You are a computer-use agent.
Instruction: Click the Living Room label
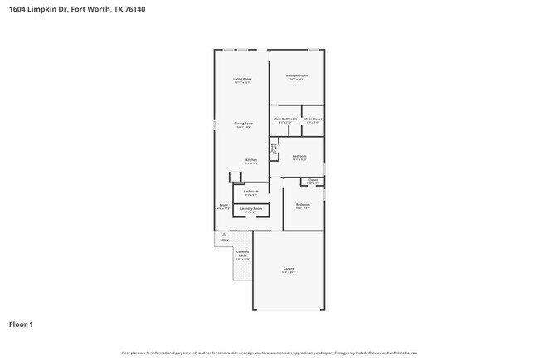pos(242,78)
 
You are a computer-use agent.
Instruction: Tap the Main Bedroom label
pos(296,76)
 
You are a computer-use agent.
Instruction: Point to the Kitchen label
pos(250,159)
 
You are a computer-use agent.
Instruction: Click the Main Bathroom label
pos(285,119)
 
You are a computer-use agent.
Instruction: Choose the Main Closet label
pos(313,119)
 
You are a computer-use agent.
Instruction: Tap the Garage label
pos(289,269)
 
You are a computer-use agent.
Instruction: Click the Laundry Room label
pos(251,208)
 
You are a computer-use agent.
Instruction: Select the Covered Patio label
pos(242,255)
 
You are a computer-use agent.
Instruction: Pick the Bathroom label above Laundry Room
pos(250,191)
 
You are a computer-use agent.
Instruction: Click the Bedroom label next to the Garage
pos(303,204)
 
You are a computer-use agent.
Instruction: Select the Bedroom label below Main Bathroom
pos(299,156)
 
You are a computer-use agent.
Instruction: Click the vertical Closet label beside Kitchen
pos(273,149)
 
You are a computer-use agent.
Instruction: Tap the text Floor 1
pos(21,324)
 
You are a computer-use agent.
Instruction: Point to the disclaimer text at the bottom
pos(269,352)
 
